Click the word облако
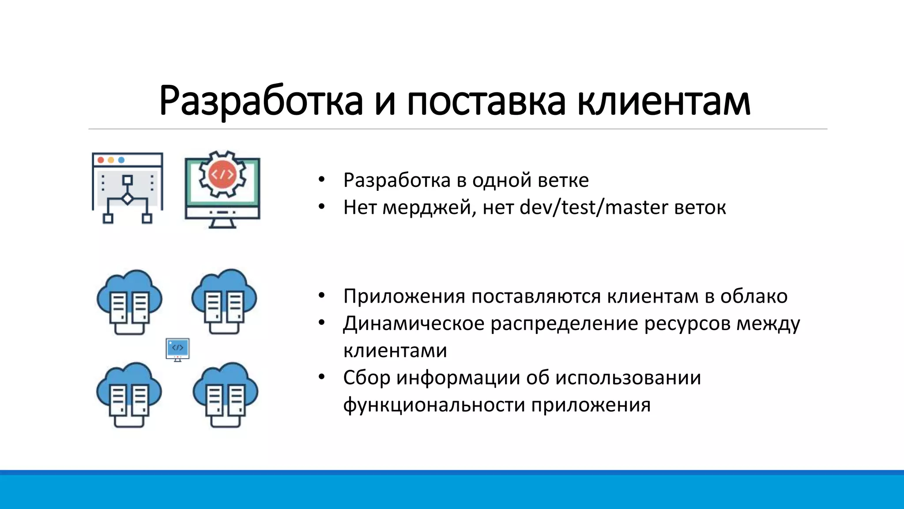[x=753, y=296]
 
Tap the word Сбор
[x=366, y=378]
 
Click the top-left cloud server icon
[x=129, y=301]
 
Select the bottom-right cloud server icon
[x=225, y=395]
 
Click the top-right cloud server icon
[x=224, y=301]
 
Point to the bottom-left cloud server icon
[x=129, y=395]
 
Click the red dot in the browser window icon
[x=101, y=160]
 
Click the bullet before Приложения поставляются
[x=321, y=296]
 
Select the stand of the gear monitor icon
[x=222, y=223]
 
